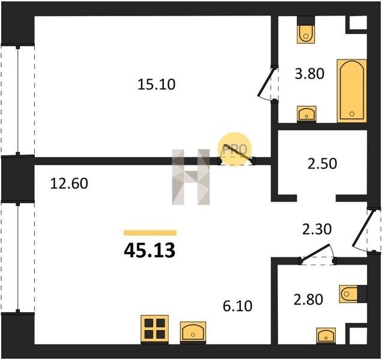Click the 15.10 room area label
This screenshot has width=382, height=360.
coord(156,85)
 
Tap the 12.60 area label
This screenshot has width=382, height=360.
coord(69,183)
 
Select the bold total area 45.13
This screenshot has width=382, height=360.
coord(150,250)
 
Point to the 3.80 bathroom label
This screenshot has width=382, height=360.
coord(309,74)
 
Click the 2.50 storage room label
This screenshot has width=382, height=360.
coord(323,164)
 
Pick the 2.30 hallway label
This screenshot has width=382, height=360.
coord(317,229)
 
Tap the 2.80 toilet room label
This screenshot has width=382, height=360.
coord(309,299)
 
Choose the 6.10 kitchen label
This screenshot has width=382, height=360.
coord(237,306)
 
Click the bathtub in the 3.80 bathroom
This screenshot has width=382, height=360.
coord(352,91)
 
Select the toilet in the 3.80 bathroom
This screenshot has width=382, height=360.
coord(306,30)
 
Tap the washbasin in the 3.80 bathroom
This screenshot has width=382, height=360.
coord(306,114)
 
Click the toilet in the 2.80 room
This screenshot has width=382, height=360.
coord(353,294)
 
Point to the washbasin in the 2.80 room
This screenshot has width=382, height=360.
coord(326,335)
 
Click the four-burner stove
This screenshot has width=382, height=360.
coord(155,329)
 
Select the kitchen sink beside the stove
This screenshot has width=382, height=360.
coord(193,332)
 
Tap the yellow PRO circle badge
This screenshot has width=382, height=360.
coord(234,149)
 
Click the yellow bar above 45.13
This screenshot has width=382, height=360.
coord(150,233)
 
